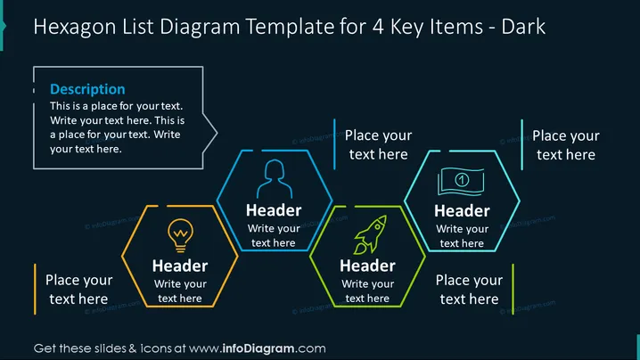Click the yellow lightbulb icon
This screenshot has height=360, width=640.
(180, 235)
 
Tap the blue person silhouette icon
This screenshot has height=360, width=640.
(275, 179)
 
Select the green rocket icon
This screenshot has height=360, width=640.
(370, 234)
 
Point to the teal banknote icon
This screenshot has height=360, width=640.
(461, 181)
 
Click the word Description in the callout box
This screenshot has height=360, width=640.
(87, 89)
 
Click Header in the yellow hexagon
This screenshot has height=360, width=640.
(180, 266)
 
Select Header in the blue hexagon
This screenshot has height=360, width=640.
(274, 210)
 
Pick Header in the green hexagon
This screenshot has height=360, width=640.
(367, 266)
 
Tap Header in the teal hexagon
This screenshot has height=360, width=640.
(462, 211)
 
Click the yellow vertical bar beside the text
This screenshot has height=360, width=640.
(35, 289)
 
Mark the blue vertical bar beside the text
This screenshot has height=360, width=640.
(334, 144)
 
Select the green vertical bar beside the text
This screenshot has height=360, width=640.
(513, 289)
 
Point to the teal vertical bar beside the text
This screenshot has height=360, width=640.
(521, 144)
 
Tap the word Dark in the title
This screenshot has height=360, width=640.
(523, 27)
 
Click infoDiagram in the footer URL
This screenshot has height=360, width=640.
(258, 348)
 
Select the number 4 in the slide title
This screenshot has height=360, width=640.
(378, 27)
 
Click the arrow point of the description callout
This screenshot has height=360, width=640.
(217, 133)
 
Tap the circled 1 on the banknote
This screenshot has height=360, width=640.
(462, 180)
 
